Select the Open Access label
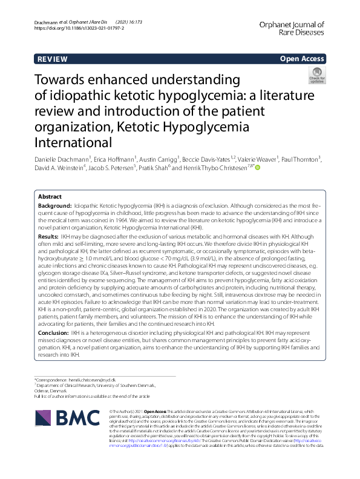tap(303, 59)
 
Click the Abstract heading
tap(50, 197)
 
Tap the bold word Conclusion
tap(53, 333)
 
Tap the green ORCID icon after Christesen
tap(258, 168)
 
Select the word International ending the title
tap(73, 143)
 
